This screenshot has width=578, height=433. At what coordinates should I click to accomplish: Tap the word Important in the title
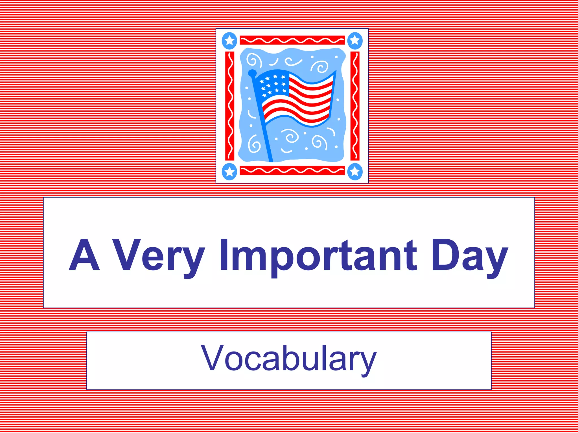[x=318, y=255]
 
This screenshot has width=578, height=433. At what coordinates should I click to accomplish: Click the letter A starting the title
[x=84, y=255]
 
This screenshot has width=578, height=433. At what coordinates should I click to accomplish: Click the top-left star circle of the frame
[x=229, y=41]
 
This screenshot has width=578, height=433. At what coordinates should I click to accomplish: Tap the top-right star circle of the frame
[x=355, y=41]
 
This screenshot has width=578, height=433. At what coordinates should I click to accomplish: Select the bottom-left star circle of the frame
[x=229, y=171]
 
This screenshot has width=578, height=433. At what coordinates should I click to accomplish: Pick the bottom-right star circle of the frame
[x=355, y=171]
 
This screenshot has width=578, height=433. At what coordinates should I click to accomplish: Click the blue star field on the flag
[x=273, y=84]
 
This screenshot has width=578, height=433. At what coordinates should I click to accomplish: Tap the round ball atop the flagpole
[x=252, y=73]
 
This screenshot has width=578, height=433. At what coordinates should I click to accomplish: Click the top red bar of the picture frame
[x=292, y=40]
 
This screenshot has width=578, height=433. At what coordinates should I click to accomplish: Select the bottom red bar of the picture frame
[x=292, y=170]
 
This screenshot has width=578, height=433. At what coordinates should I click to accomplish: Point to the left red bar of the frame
[x=230, y=106]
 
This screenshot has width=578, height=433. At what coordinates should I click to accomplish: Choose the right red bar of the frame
[x=355, y=106]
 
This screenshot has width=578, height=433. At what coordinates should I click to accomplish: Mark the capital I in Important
[x=224, y=255]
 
